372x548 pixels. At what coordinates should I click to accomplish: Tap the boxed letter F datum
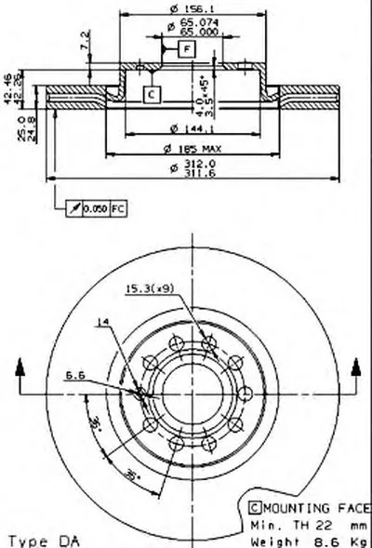point(187,47)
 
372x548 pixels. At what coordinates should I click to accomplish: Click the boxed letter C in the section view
point(152,93)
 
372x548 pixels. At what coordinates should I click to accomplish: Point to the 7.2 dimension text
point(86,41)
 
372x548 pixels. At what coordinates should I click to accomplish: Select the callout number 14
point(101,324)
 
